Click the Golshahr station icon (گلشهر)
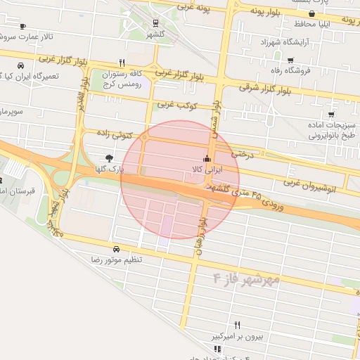(155, 22)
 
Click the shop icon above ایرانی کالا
(207, 158)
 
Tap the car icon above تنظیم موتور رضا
(115, 249)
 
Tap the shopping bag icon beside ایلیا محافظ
(311, 14)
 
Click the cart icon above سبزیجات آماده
(331, 115)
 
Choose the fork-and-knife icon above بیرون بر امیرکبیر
(237, 325)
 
